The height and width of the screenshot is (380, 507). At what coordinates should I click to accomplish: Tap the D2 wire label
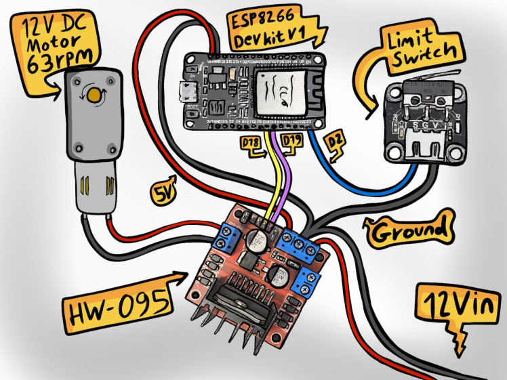334,141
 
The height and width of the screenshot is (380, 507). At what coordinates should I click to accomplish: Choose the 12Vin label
455,305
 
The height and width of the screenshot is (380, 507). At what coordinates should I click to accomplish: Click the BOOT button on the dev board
195,109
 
